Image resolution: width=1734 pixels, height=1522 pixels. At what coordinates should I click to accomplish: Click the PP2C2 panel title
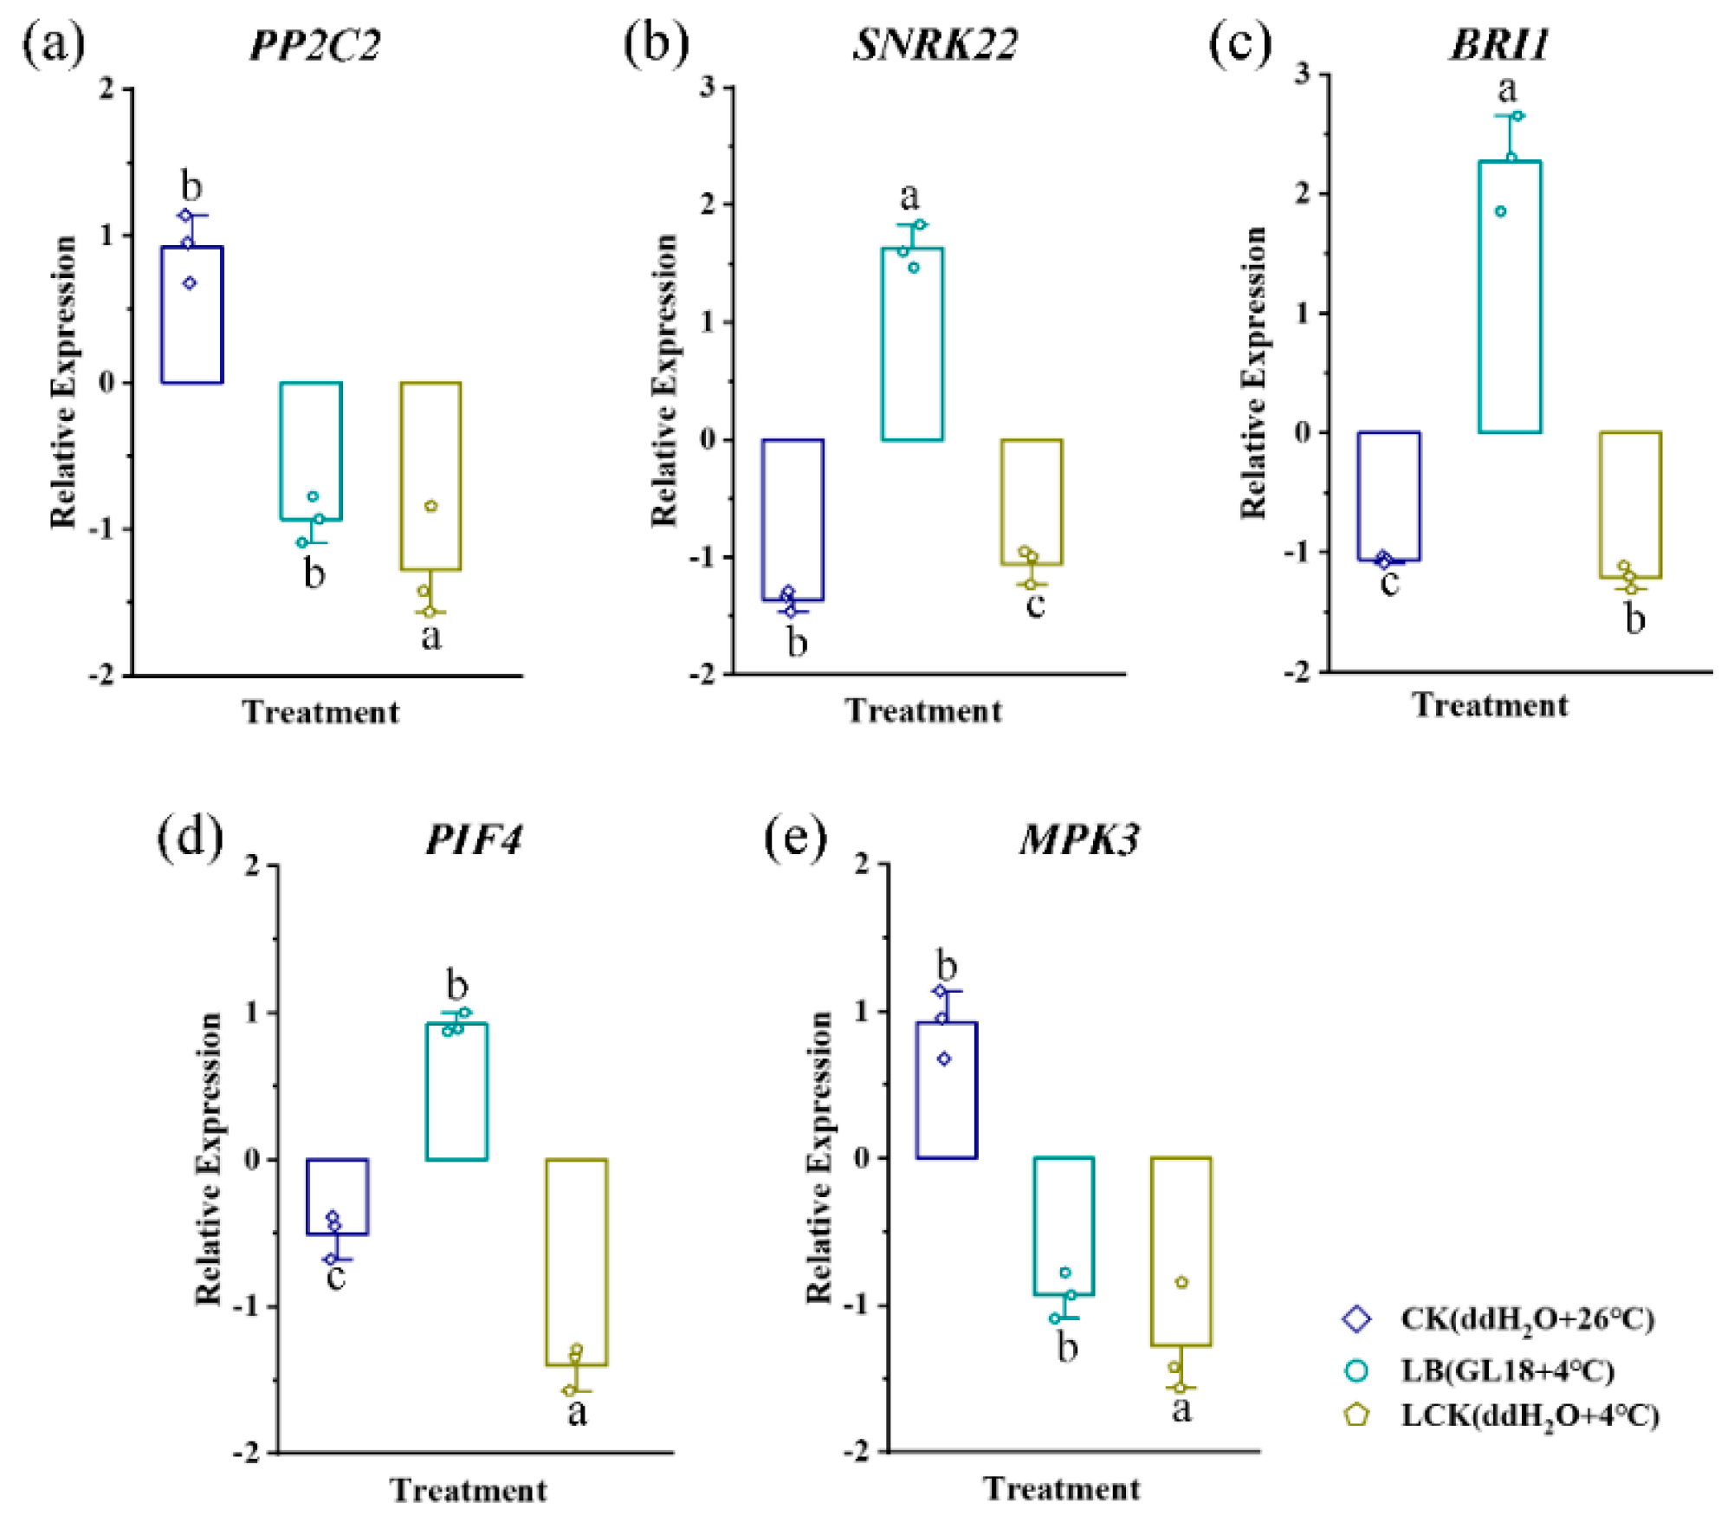[x=314, y=45]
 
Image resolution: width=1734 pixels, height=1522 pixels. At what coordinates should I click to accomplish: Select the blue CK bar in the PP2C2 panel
[x=192, y=315]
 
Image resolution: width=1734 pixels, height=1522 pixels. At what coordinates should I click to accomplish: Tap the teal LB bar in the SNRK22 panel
[x=912, y=344]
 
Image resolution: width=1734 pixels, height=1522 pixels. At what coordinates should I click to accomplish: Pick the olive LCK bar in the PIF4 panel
[x=576, y=1262]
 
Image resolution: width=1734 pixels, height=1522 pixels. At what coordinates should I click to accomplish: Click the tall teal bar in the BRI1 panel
[x=1510, y=297]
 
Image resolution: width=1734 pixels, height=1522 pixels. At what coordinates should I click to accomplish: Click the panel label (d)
[x=190, y=838]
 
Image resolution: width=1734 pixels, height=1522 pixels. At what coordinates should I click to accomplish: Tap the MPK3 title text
[x=1079, y=839]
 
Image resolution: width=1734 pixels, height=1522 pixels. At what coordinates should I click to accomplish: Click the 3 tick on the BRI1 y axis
[x=1302, y=74]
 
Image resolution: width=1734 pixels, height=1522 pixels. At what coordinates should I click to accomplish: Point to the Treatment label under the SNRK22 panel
[x=923, y=711]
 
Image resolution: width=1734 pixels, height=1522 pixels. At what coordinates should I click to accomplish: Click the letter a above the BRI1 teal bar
[x=1507, y=88]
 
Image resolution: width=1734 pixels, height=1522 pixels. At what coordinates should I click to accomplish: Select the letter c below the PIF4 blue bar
[x=336, y=1277]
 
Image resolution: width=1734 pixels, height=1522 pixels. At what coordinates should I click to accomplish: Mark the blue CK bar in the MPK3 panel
[x=947, y=1090]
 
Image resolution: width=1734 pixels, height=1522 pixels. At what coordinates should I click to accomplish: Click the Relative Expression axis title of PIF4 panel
[x=209, y=1159]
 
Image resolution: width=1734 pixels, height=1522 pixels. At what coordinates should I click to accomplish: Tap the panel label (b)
[x=656, y=43]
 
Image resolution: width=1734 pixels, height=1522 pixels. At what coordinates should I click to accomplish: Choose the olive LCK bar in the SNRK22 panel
[x=1032, y=502]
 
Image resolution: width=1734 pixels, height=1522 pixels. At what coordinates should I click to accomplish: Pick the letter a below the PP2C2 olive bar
[x=430, y=637]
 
